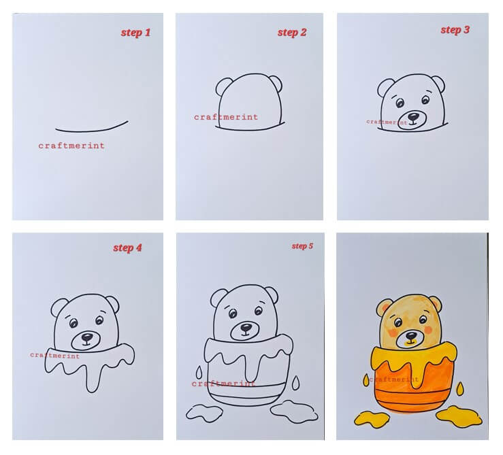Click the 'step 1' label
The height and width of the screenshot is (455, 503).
[x=135, y=33]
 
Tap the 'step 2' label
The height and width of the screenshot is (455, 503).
[x=292, y=33]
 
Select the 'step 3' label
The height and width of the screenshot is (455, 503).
[x=455, y=30]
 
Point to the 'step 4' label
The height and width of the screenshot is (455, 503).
[x=127, y=248]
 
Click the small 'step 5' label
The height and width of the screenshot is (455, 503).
[x=302, y=246]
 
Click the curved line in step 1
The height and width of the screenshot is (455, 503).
[x=92, y=130]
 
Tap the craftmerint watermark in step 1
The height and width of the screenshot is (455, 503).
[x=71, y=146]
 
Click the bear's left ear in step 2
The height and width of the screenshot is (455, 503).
[x=223, y=86]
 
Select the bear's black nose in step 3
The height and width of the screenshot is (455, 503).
[x=413, y=116]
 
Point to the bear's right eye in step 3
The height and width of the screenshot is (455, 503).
[x=425, y=100]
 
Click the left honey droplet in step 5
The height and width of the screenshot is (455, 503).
[x=199, y=372]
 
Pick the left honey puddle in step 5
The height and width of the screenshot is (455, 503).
[x=204, y=413]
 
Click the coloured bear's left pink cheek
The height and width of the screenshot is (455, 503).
[x=393, y=333]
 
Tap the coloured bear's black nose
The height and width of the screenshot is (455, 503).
[x=411, y=335]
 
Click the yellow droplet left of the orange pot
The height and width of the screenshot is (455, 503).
[x=366, y=380]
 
